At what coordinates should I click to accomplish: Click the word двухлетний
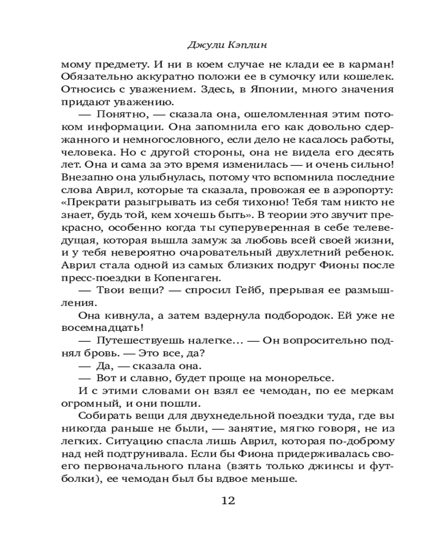pyautogui.click(x=298, y=253)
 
